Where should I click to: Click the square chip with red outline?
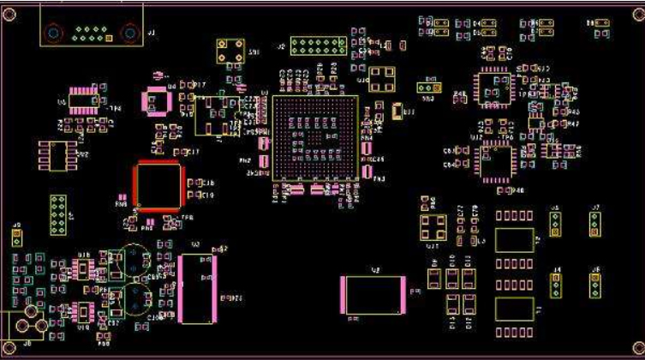[158, 186]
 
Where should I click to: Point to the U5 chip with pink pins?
[85, 103]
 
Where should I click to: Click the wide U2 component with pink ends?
[372, 294]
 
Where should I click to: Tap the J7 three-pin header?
[594, 224]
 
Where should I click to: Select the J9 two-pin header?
[15, 237]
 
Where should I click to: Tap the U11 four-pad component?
[433, 228]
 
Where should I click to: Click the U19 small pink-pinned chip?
[84, 309]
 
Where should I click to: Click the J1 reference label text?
[152, 32]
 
